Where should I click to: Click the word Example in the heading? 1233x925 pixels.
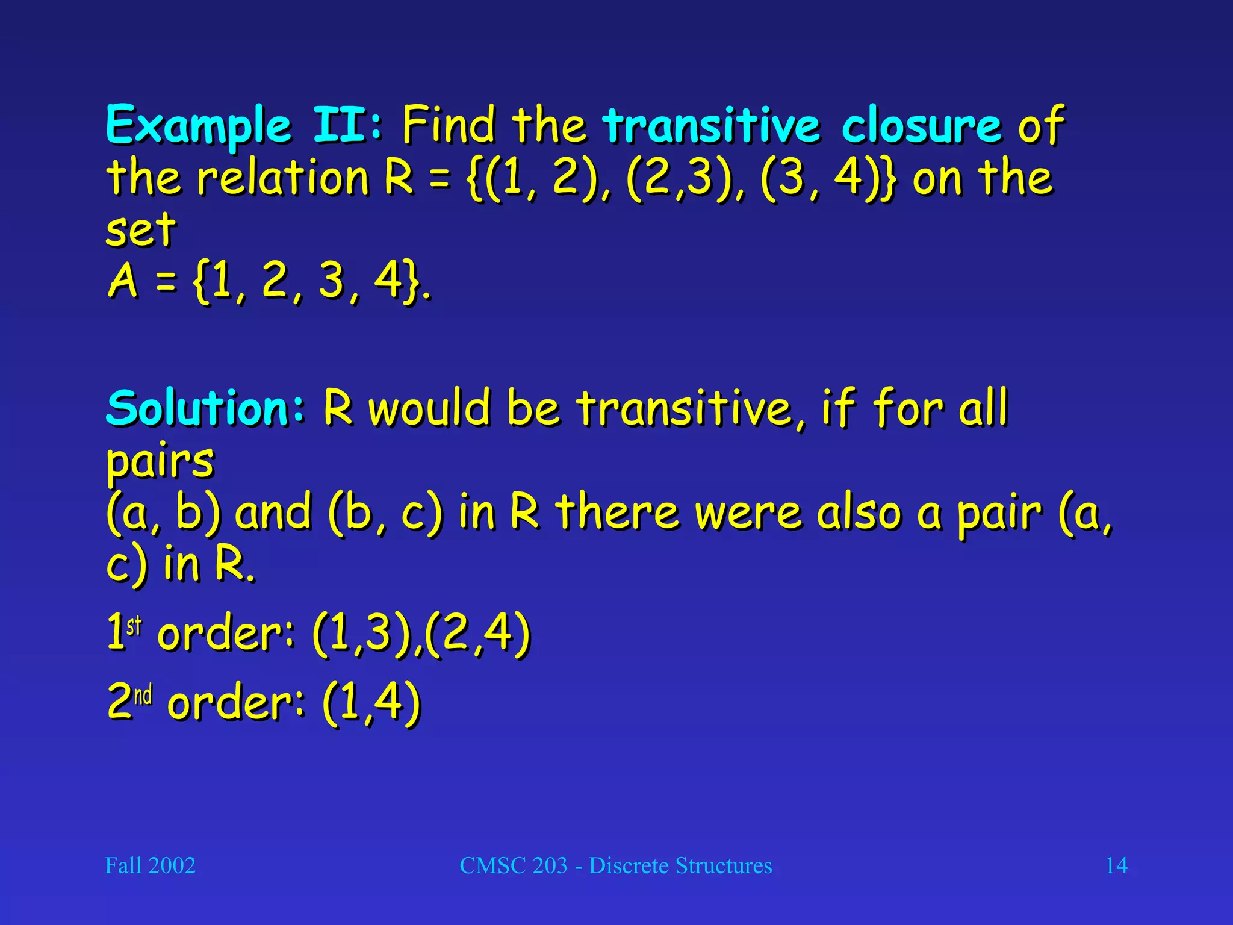click(199, 125)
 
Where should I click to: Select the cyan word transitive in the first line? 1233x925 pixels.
click(711, 125)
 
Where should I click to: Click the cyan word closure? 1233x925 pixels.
click(921, 125)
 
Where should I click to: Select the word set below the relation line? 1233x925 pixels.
click(141, 230)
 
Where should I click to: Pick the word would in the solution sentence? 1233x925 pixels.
click(429, 408)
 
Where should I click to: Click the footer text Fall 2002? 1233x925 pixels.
click(151, 865)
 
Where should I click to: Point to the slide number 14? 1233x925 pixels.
click(1116, 865)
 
